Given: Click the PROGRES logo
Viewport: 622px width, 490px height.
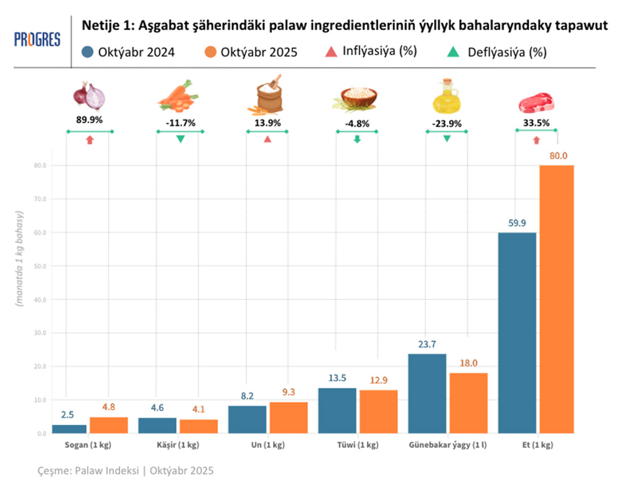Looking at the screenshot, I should coord(37,40).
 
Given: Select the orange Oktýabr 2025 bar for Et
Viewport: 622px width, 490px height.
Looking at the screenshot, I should coord(556,298).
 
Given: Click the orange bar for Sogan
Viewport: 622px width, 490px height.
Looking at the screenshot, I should coord(108,425).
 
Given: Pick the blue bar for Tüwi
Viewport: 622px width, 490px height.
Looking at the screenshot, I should coord(337,410).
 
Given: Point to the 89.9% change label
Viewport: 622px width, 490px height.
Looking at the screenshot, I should coord(90,122).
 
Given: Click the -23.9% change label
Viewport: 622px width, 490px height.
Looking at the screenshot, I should coord(447,123).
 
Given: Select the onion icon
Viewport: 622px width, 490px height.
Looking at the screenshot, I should coord(90,96).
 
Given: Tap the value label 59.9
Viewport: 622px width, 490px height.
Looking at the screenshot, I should coord(518,223).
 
